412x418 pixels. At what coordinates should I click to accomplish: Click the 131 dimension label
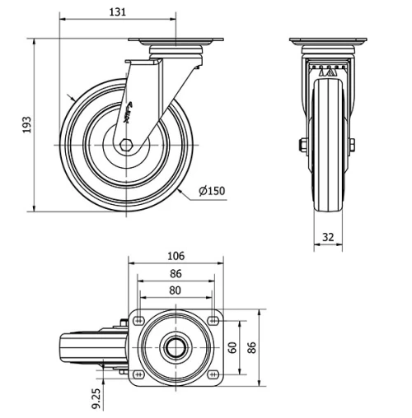(119, 11)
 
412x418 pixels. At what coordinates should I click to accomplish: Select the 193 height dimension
(26, 124)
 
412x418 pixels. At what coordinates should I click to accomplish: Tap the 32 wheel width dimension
(327, 237)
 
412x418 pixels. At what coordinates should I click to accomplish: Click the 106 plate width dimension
(176, 256)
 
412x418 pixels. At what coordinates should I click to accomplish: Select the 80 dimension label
(176, 290)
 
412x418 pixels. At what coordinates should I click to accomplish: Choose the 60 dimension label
(232, 347)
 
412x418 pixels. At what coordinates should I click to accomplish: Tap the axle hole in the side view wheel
(126, 146)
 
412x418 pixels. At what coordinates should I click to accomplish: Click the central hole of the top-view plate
(176, 347)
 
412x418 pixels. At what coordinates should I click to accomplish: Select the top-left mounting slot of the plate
(138, 321)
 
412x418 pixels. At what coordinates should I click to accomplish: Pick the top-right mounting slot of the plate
(214, 321)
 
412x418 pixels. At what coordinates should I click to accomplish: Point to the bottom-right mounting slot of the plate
(214, 374)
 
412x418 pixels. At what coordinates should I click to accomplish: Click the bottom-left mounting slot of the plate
(138, 374)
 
